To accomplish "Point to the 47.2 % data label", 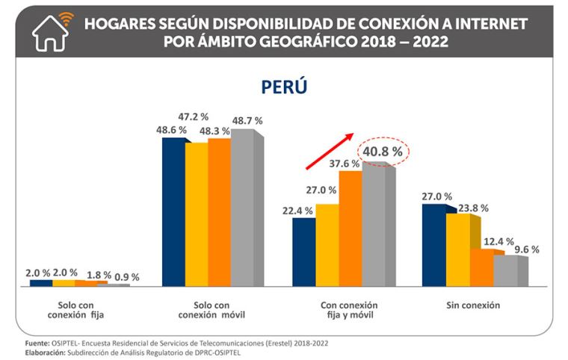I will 193,117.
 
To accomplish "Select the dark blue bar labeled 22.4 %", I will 303,252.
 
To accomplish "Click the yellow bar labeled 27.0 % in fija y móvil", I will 327,244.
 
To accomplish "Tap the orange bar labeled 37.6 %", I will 349,228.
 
